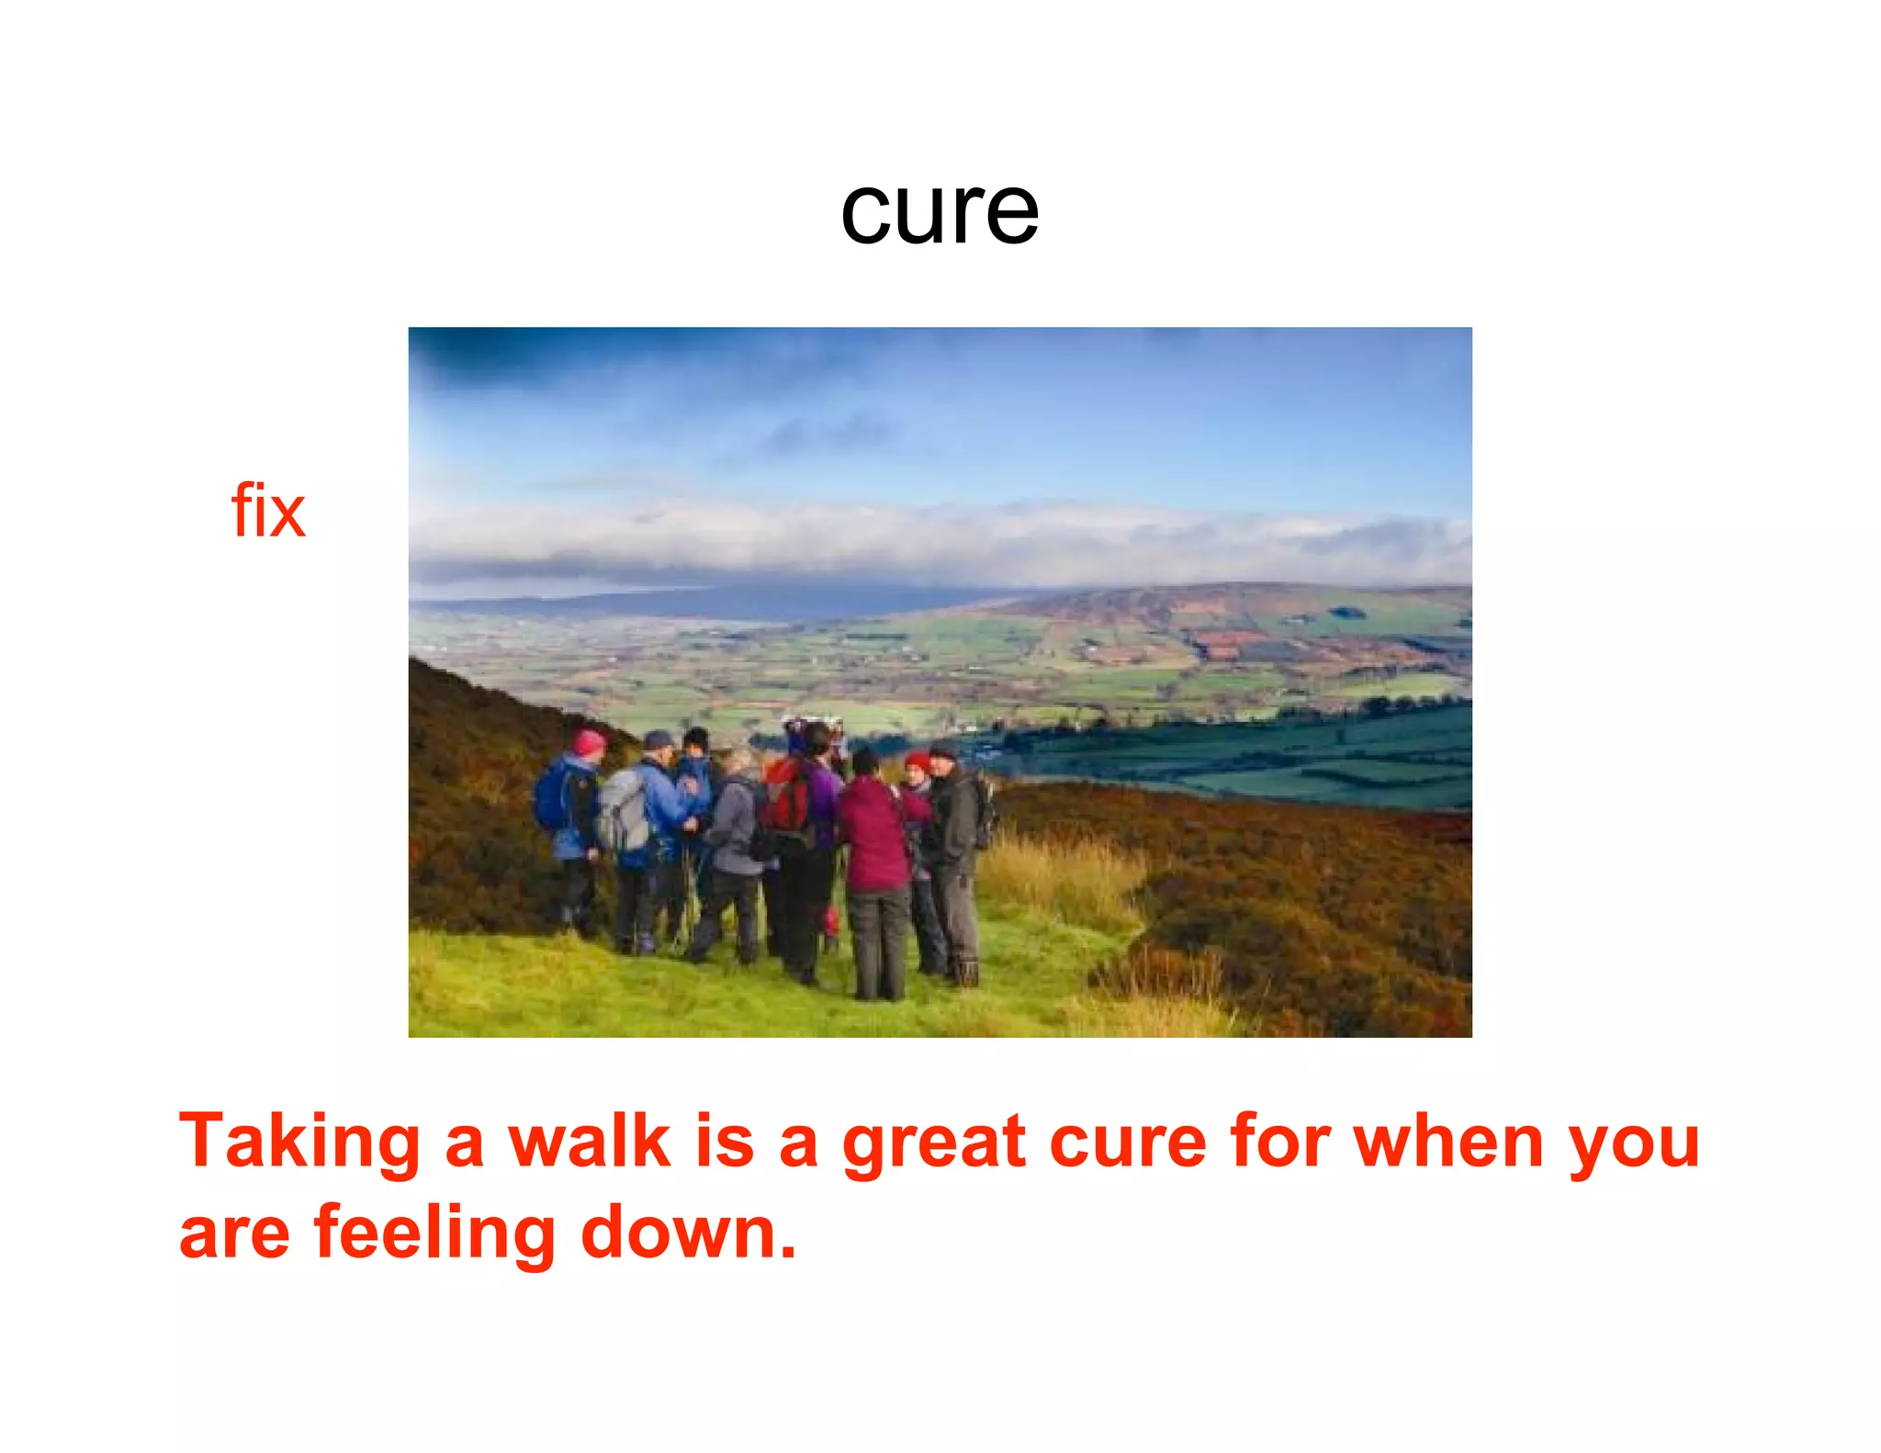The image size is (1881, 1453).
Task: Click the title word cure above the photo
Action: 940,212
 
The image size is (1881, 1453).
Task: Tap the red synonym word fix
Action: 267,511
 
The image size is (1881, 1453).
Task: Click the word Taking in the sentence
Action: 299,1143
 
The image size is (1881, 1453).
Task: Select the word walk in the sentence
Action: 591,1141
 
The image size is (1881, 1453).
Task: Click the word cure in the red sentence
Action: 1128,1143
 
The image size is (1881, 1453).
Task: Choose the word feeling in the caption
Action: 434,1233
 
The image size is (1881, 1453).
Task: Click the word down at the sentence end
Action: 688,1233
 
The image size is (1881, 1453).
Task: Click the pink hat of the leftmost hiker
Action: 588,740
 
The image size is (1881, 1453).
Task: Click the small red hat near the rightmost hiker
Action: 918,761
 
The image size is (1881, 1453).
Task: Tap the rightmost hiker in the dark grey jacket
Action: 955,845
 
